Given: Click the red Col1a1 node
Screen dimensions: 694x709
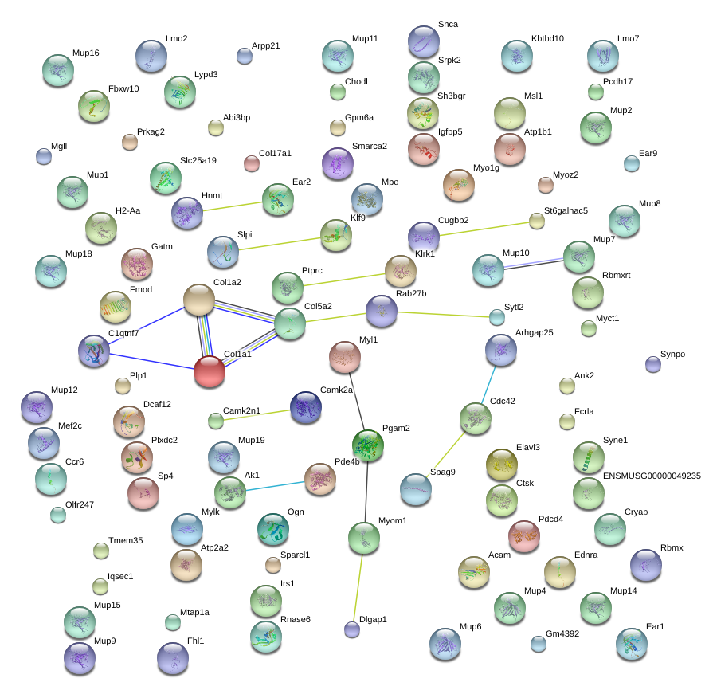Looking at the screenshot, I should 210,371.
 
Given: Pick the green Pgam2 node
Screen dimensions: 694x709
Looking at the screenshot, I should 368,445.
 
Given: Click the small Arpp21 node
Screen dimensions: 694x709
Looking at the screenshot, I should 245,55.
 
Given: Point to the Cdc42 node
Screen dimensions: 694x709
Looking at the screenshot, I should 476,418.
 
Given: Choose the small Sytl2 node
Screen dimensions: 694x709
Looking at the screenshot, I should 497,317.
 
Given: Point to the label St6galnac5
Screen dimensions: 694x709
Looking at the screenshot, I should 566,210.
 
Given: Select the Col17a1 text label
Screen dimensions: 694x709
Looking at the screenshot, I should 275,153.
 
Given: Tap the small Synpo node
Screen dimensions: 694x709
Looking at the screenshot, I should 653,364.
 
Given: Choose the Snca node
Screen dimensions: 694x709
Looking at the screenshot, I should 424,41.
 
